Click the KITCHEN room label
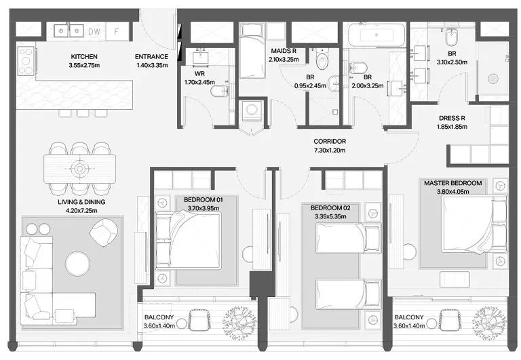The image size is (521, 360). tap(84, 57)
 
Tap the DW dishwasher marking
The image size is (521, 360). tap(94, 32)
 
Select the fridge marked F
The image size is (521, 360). tap(117, 32)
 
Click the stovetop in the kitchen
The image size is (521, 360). tap(26, 61)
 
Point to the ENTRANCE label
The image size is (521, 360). tap(151, 57)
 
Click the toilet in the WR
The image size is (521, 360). tap(219, 90)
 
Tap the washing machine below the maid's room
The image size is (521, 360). tap(251, 110)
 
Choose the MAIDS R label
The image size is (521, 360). tap(284, 51)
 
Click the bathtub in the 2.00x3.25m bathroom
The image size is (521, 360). tap(377, 34)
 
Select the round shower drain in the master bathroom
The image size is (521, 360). tap(493, 79)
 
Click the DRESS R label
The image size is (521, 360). tap(452, 118)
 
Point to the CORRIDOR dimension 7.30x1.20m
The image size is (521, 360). tap(330, 151)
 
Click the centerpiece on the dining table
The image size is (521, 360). tap(80, 169)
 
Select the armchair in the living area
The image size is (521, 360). tap(104, 232)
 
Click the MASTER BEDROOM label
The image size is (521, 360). tap(453, 183)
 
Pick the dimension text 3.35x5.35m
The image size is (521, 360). tap(330, 216)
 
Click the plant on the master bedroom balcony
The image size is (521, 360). tap(489, 320)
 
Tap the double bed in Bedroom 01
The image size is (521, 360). tap(189, 241)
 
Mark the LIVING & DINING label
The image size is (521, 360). tap(81, 202)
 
